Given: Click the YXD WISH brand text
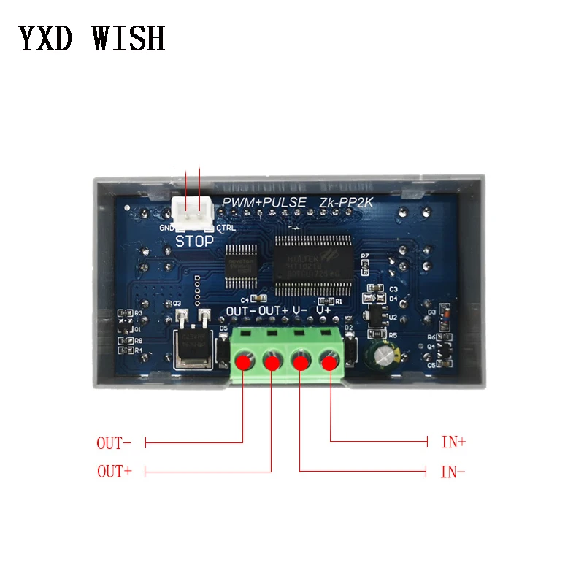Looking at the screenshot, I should click(92, 38).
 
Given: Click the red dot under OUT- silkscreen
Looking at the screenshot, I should click(243, 361).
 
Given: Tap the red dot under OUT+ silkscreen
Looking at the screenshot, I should click(272, 361).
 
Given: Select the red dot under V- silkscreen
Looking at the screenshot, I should click(301, 361).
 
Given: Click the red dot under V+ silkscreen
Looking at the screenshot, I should click(330, 361).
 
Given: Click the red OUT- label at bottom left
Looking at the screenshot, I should click(114, 442).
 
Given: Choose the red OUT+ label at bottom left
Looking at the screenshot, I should click(114, 472).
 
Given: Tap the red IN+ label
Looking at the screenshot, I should click(453, 442).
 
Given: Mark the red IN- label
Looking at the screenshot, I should click(453, 472).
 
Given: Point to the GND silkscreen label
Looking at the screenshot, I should click(166, 227).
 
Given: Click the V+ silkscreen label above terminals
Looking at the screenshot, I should click(323, 311).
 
